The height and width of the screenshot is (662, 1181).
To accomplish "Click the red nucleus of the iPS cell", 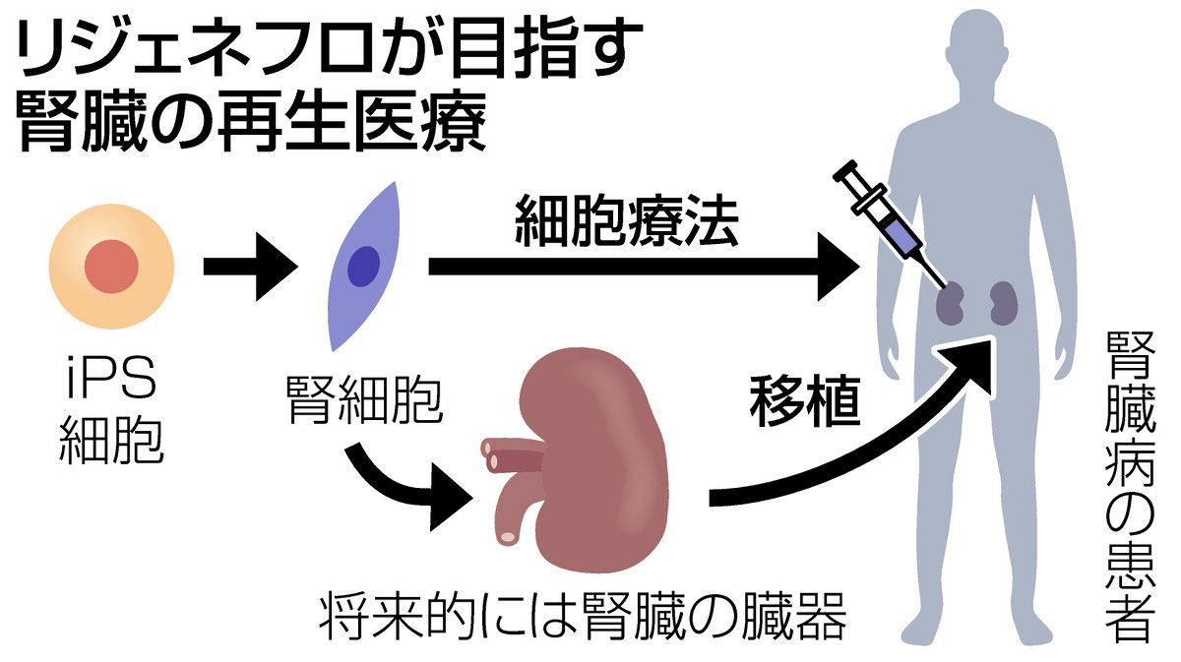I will pyautogui.click(x=111, y=267).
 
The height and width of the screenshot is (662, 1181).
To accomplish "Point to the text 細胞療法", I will pyautogui.click(x=626, y=227).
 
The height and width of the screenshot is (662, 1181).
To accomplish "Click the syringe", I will pyautogui.click(x=881, y=222).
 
